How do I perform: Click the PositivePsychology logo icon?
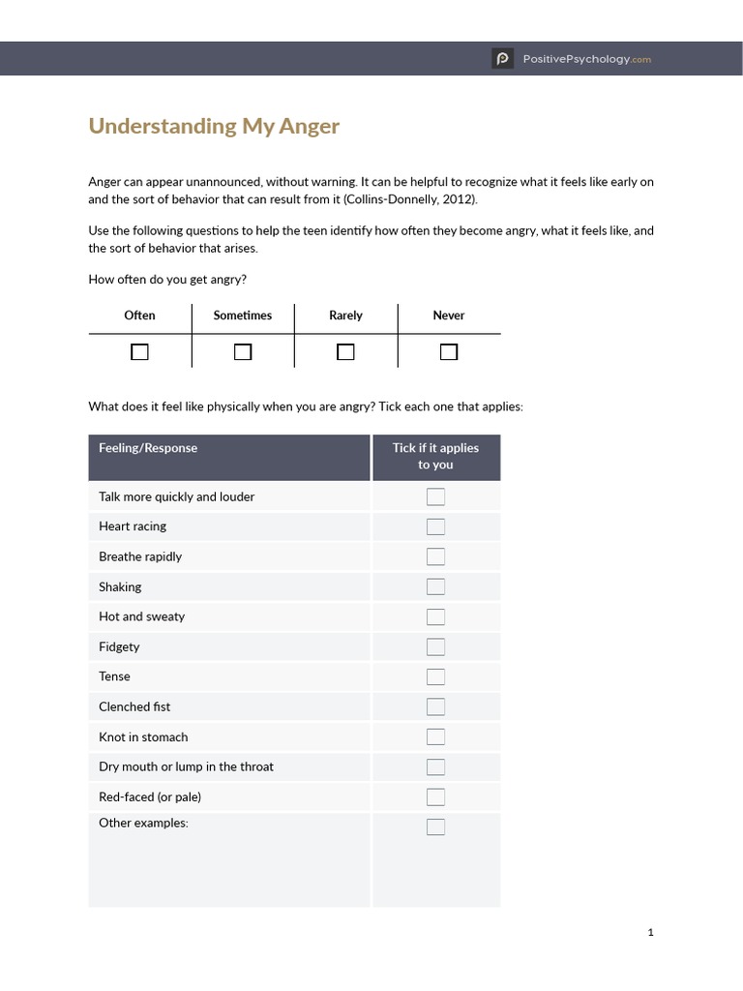tap(502, 59)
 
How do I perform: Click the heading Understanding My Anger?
tap(214, 126)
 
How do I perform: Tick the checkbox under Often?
tap(140, 352)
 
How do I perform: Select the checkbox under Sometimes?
tap(243, 352)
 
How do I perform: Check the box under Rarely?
tap(345, 352)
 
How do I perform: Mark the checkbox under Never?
tap(449, 352)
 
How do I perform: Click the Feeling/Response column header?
tap(148, 448)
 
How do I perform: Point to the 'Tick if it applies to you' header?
tap(435, 456)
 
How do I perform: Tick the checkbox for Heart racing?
tap(435, 526)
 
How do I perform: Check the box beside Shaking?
tap(435, 586)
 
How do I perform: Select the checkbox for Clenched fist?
tap(435, 706)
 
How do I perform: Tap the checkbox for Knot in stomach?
tap(435, 736)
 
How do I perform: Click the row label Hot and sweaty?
tap(141, 616)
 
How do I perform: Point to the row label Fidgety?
tap(119, 646)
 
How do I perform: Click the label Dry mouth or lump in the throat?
tap(186, 766)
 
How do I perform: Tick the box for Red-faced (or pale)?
tap(435, 796)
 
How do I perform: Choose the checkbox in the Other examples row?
tap(435, 826)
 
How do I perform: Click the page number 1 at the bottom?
tap(651, 932)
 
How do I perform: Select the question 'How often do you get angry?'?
tap(167, 280)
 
